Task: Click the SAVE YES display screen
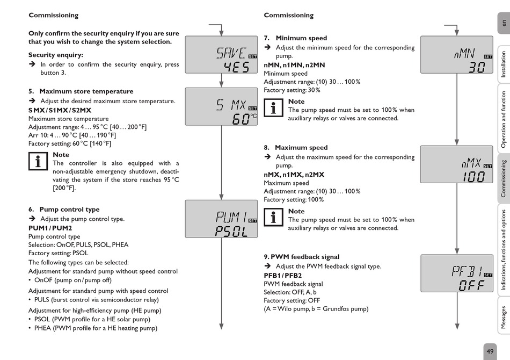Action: click(221, 55)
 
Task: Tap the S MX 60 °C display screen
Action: click(221, 106)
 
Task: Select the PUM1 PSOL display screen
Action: click(221, 219)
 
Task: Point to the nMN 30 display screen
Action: click(456, 55)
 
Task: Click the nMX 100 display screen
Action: click(456, 164)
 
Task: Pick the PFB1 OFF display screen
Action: click(456, 273)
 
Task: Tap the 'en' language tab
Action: click(504, 23)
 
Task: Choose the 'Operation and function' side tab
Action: click(504, 120)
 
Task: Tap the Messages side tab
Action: click(504, 316)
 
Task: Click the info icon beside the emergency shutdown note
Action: click(38, 162)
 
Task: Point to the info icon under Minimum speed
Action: click(274, 108)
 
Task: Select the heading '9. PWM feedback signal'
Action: click(302, 257)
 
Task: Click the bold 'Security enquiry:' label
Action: click(56, 55)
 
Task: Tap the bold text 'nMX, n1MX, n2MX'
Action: click(294, 175)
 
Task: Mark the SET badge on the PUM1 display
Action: click(253, 220)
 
